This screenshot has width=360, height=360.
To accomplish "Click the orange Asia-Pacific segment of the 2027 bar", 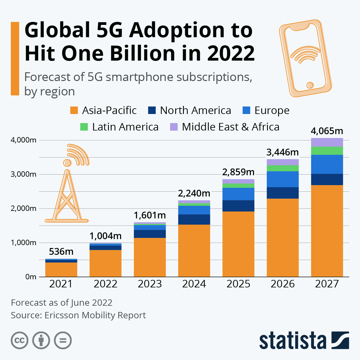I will (x=327, y=231).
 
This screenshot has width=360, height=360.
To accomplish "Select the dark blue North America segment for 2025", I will (x=238, y=206).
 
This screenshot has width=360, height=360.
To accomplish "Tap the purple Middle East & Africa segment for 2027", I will (x=327, y=142).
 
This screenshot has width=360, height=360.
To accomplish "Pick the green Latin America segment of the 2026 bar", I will (x=283, y=168).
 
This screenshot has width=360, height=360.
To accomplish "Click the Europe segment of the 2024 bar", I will (x=194, y=210).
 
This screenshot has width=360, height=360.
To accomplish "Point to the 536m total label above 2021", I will (x=61, y=251).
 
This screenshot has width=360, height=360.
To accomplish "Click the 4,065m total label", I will (x=327, y=131).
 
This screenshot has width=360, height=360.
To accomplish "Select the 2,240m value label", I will (x=194, y=193).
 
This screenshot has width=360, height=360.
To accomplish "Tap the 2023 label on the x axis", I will (x=150, y=284).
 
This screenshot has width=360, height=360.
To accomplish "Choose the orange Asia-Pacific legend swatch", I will (x=74, y=110).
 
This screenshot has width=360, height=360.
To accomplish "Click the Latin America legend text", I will (x=125, y=127).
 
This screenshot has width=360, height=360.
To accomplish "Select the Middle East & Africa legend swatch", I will (x=174, y=127).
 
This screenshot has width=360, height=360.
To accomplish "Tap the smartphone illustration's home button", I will (x=310, y=85).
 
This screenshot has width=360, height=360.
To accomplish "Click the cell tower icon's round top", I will (x=67, y=163).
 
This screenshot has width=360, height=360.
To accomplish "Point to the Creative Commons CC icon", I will (x=19, y=340).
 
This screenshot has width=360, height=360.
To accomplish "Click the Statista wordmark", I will (x=292, y=340).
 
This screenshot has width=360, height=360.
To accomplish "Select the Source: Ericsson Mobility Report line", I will (x=78, y=315).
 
